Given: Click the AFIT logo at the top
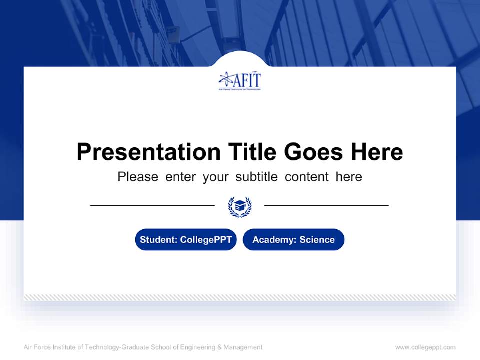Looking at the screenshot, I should (x=240, y=81).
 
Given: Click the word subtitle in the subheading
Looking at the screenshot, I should (x=257, y=177).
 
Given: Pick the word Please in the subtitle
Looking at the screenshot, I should (x=138, y=177).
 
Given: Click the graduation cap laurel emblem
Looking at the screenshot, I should (x=240, y=206).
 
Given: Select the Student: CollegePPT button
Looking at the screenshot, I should (x=186, y=240).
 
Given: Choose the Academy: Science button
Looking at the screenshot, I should (x=293, y=240).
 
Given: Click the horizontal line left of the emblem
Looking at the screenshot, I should (x=152, y=205).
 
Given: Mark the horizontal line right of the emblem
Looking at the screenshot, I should (x=326, y=205).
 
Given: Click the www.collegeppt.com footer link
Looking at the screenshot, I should (x=425, y=347).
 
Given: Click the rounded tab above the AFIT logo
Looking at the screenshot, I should (x=240, y=59).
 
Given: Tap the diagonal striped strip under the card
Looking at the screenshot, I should (x=240, y=297).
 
